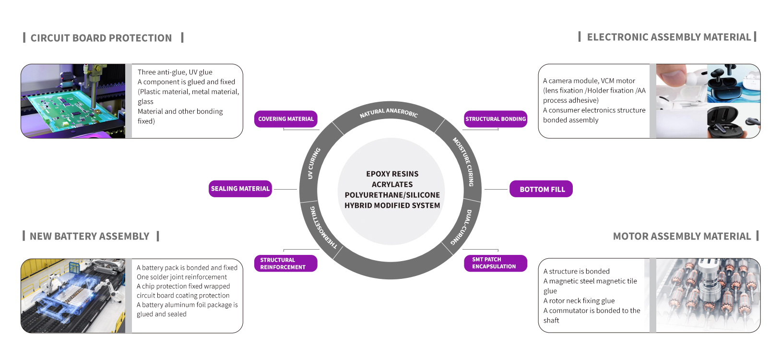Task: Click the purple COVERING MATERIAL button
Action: (285, 119)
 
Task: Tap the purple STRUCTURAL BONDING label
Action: (496, 119)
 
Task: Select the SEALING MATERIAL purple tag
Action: (240, 189)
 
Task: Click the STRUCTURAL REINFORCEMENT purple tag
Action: (285, 264)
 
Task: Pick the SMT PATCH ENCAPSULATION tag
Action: (495, 263)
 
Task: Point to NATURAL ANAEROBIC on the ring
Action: (389, 112)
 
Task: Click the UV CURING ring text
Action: (313, 163)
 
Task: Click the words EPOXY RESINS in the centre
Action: (392, 174)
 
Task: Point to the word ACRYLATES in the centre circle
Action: (392, 184)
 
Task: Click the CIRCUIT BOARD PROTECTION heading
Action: (101, 38)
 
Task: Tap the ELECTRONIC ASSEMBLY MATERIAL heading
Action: (669, 37)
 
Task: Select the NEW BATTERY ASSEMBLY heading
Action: (90, 236)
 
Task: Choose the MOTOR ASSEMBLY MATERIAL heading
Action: (682, 236)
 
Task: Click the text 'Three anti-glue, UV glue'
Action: (175, 72)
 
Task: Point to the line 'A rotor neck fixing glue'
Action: (579, 301)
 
